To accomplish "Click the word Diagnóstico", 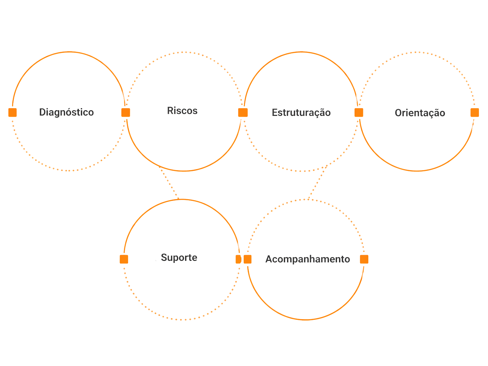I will pyautogui.click(x=66, y=112).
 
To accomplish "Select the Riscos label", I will pyautogui.click(x=182, y=111).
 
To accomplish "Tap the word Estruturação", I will pyautogui.click(x=301, y=113).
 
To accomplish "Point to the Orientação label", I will pyautogui.click(x=420, y=113).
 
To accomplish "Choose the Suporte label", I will pyautogui.click(x=179, y=257).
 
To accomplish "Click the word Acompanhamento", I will pyautogui.click(x=307, y=259).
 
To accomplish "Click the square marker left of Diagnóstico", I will pyautogui.click(x=13, y=113).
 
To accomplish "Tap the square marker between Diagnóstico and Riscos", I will pyautogui.click(x=126, y=113).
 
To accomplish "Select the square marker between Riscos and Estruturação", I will pyautogui.click(x=243, y=113).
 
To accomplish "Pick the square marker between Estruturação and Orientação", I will pyautogui.click(x=359, y=113).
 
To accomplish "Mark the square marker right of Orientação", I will pyautogui.click(x=475, y=113).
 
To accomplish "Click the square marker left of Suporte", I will pyautogui.click(x=124, y=259).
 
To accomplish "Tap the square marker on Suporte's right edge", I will pyautogui.click(x=238, y=259).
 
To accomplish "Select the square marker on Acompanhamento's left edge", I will pyautogui.click(x=248, y=259).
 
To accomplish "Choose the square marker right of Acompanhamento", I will pyautogui.click(x=364, y=259).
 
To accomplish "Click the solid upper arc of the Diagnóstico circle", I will pyautogui.click(x=69, y=52).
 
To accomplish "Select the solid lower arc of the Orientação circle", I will pyautogui.click(x=417, y=171).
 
